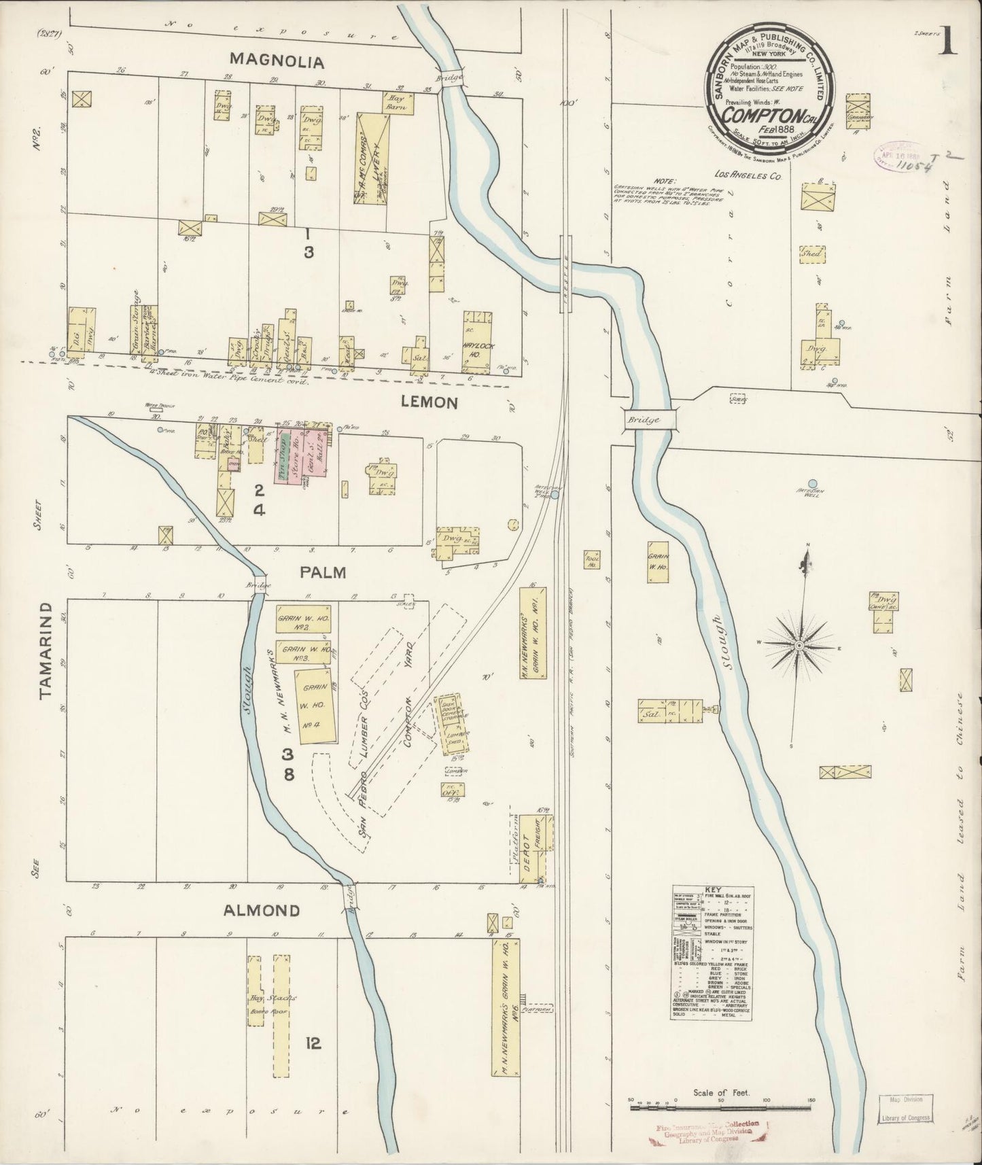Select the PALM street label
click(323, 573)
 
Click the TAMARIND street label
click(46, 650)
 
